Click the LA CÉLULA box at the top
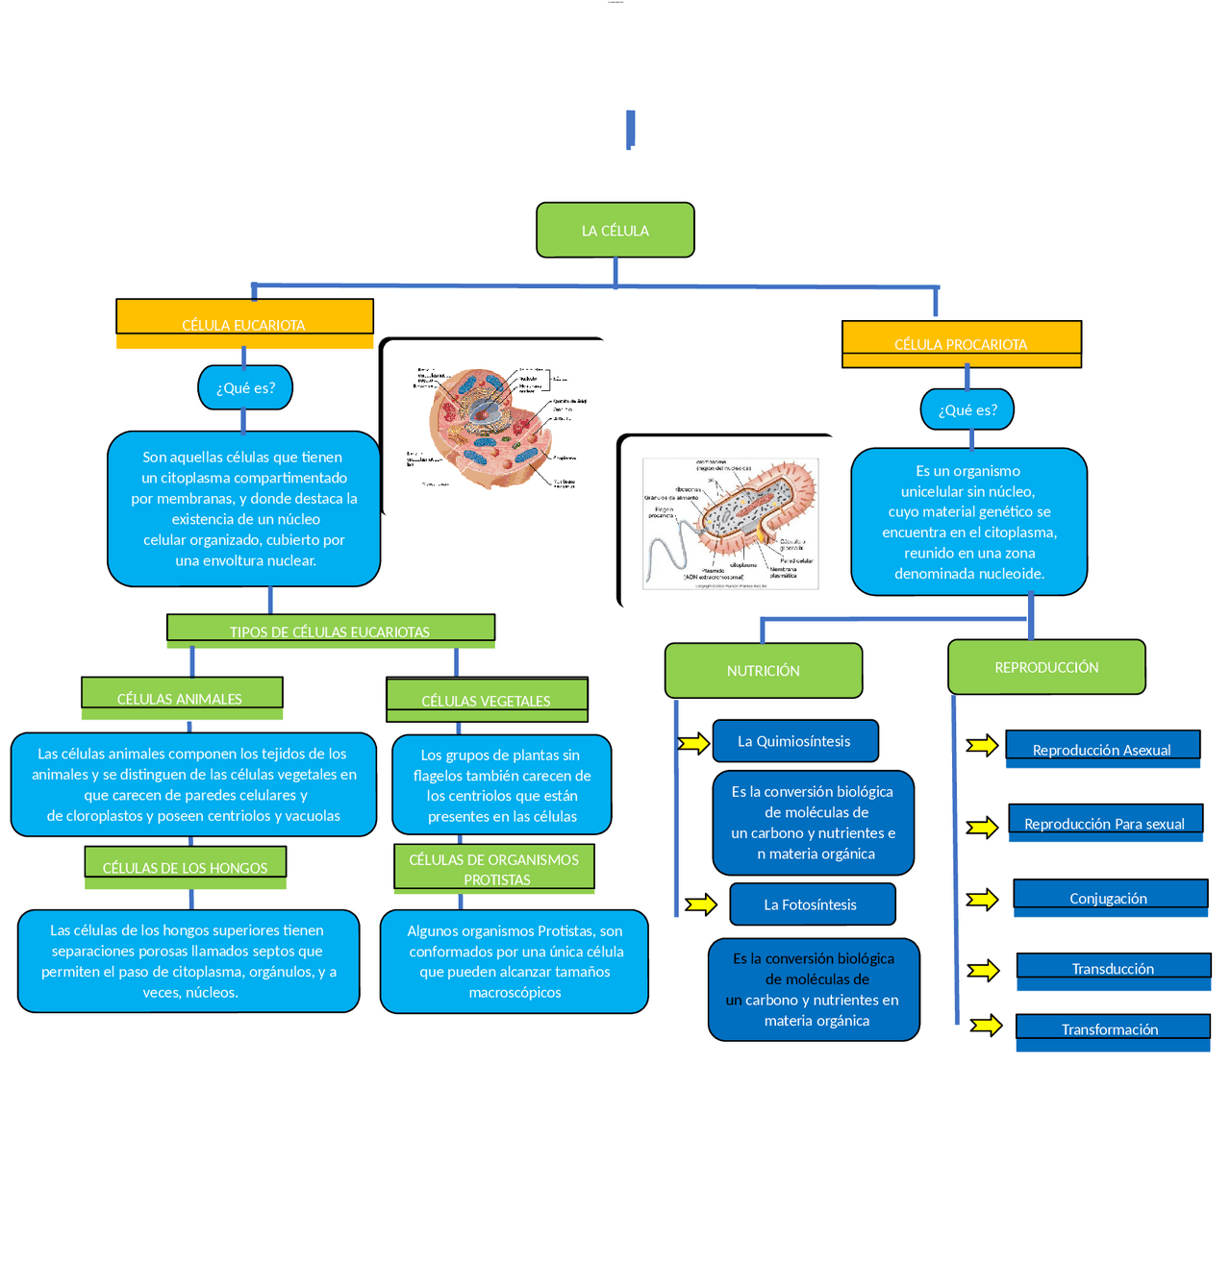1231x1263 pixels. pyautogui.click(x=615, y=230)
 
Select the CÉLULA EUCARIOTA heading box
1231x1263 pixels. pyautogui.click(x=244, y=323)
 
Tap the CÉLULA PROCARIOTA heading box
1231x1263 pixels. pyautogui.click(x=962, y=344)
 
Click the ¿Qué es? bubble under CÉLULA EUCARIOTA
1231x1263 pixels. pyautogui.click(x=245, y=388)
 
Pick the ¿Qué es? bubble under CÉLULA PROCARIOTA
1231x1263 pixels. pyautogui.click(x=967, y=409)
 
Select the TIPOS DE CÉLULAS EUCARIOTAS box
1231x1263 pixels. pyautogui.click(x=331, y=629)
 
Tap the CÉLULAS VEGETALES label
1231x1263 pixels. pyautogui.click(x=487, y=700)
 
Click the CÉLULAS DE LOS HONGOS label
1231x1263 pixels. pyautogui.click(x=186, y=866)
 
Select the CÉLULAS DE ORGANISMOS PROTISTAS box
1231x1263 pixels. pyautogui.click(x=494, y=868)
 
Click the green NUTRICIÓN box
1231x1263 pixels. pyautogui.click(x=764, y=671)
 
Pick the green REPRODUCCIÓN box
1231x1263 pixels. pyautogui.click(x=1046, y=667)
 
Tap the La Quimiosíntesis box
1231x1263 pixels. pyautogui.click(x=795, y=741)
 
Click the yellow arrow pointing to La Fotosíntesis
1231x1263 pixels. pyautogui.click(x=701, y=904)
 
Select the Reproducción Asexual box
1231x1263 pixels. pyautogui.click(x=1102, y=749)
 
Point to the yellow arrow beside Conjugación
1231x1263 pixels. pyautogui.click(x=982, y=900)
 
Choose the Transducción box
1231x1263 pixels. pyautogui.click(x=1114, y=969)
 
